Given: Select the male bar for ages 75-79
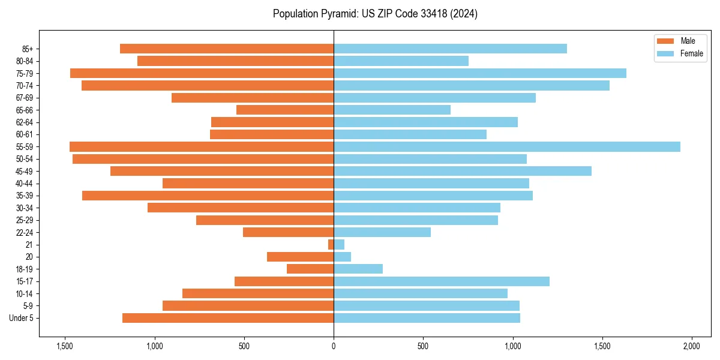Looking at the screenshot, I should [202, 73].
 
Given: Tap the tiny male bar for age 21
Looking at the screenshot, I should [331, 244].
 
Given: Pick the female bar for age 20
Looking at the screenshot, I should [342, 257].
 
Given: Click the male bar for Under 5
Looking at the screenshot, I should [228, 318].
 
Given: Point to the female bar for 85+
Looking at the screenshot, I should [450, 49].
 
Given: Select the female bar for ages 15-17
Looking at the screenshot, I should [442, 281].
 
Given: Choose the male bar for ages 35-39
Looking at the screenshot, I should [208, 196].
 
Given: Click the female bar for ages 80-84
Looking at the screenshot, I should [401, 61].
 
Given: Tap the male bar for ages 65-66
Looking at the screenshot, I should [285, 110].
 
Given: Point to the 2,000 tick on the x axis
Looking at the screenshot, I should [692, 346].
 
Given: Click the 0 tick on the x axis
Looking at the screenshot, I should [334, 346].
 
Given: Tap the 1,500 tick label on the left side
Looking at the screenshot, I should [65, 346].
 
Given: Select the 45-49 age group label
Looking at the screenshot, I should [25, 171].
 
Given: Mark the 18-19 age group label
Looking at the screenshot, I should [25, 269].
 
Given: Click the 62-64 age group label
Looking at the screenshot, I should [25, 122].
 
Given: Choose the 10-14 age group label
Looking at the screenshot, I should [25, 293].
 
